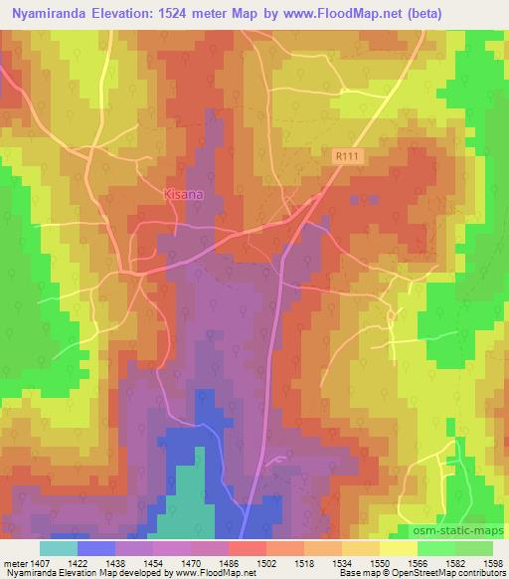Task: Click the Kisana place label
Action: pyautogui.click(x=183, y=196)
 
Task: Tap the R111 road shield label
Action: pyautogui.click(x=346, y=158)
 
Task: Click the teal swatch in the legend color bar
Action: pyautogui.click(x=58, y=548)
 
